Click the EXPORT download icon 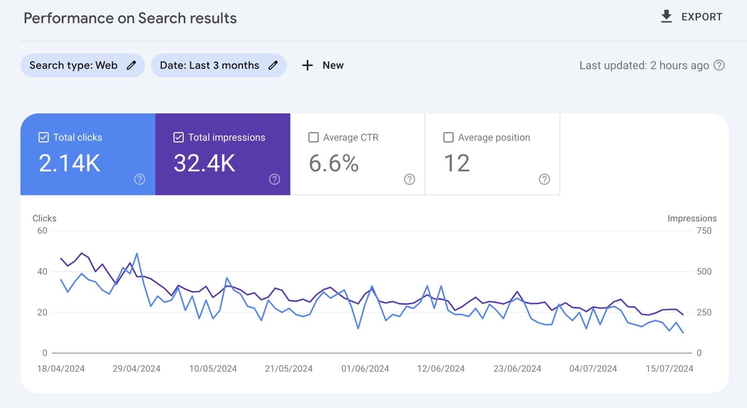(666, 16)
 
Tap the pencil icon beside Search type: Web (132, 65)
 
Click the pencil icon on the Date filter (273, 65)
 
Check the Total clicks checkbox (43, 137)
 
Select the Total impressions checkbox (178, 137)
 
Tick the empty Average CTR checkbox (314, 137)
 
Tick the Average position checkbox (448, 137)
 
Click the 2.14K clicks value (70, 163)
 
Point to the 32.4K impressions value (204, 163)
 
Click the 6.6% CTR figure (333, 163)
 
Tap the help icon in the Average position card (544, 179)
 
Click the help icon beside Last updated (719, 65)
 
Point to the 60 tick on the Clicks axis (42, 231)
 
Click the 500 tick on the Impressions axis (704, 272)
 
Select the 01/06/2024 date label (365, 369)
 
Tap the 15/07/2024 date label (669, 369)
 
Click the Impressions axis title (692, 218)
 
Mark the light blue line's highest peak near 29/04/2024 (137, 253)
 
